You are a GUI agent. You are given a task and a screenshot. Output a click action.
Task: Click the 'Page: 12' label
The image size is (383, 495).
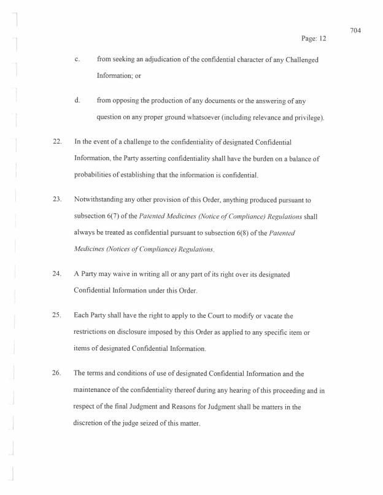(x=314, y=39)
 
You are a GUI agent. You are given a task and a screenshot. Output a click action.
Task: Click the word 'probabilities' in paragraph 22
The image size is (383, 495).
(x=96, y=175)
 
